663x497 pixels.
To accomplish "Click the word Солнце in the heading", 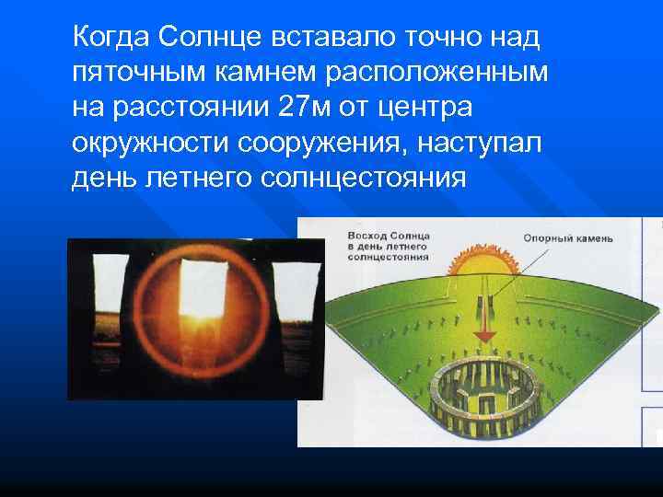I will click(204, 38).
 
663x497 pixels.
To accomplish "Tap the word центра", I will click(428, 108).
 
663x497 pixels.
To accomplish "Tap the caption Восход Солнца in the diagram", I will click(372, 237).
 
